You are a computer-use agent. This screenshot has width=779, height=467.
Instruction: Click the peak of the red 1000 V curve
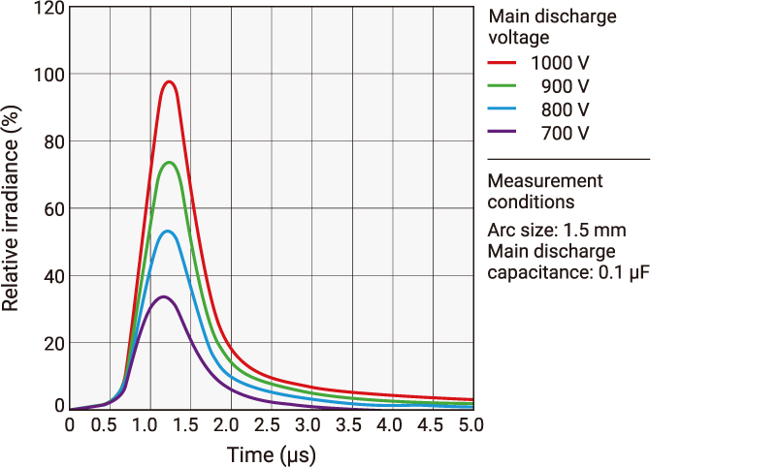(170, 81)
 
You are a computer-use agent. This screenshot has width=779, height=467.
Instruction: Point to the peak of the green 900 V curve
(170, 162)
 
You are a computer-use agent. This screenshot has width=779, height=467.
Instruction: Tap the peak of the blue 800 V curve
(168, 231)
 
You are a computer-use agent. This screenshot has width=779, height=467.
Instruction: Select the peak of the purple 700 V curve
(164, 296)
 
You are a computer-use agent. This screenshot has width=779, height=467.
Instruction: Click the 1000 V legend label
(560, 63)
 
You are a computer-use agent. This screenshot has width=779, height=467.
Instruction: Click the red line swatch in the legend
(503, 62)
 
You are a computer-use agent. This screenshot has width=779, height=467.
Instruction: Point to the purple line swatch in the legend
(503, 132)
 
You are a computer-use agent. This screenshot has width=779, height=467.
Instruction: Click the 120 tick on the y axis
(51, 9)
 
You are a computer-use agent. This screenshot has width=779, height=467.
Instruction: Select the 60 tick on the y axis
(55, 209)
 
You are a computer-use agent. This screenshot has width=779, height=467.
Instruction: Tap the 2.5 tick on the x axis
(271, 425)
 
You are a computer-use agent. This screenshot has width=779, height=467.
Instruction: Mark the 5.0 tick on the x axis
(471, 425)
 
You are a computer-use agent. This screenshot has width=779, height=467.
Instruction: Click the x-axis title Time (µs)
(271, 454)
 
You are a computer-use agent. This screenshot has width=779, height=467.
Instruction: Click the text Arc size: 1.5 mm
(556, 231)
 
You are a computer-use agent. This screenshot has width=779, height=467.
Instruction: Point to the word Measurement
(544, 181)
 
